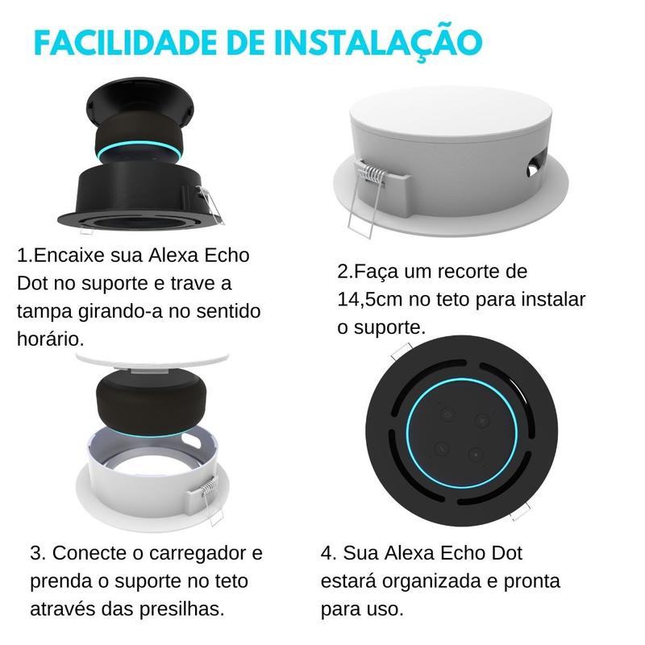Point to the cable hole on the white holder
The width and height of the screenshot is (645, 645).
532,166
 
